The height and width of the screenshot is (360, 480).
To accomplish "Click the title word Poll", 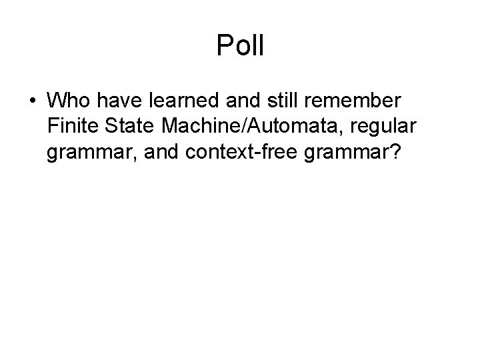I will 240,46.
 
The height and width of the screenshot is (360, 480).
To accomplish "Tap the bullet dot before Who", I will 33,102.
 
